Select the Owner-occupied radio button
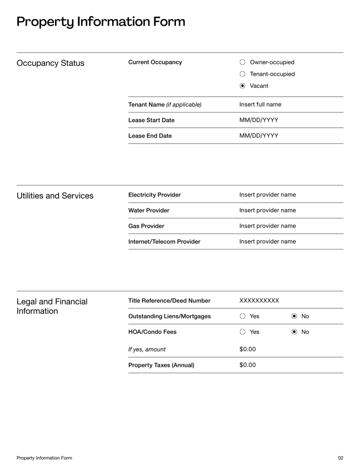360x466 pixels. point(243,62)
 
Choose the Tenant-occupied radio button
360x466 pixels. point(243,74)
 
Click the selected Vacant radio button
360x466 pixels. point(243,86)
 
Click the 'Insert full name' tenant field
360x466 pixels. point(260,104)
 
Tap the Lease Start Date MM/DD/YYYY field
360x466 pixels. point(259,120)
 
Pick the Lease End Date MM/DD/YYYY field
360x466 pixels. point(259,136)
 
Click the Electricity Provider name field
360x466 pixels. point(267,195)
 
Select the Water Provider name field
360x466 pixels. point(267,210)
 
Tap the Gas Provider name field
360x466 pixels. point(267,226)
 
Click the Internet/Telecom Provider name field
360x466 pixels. point(267,241)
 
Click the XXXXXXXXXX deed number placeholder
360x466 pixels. point(259,300)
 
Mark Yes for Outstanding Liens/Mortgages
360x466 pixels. point(243,317)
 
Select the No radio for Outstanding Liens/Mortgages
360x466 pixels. point(294,317)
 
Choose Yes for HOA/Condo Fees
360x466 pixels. point(243,332)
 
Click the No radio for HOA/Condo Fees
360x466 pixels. point(294,332)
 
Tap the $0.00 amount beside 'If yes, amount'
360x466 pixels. point(247,349)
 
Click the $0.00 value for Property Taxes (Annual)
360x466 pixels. point(247,365)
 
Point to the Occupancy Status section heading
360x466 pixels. point(50,63)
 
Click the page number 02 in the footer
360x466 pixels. point(341,458)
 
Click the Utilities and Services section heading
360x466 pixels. point(55,196)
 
